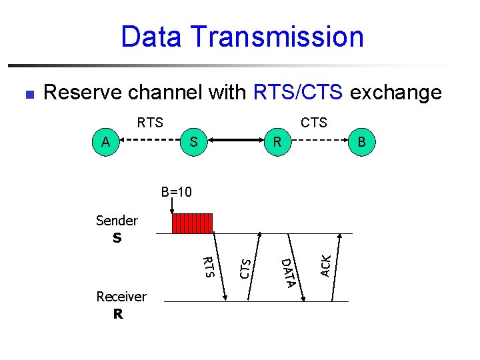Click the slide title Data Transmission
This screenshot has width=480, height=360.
[x=242, y=37]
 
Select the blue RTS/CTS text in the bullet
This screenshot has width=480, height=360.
[x=299, y=92]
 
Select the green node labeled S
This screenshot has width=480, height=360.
[x=193, y=141]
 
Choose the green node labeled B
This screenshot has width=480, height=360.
[x=361, y=141]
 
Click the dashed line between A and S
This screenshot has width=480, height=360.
[x=150, y=141]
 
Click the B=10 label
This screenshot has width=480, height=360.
[x=176, y=193]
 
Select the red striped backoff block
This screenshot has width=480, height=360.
[x=192, y=223]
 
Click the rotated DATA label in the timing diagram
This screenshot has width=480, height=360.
[x=287, y=273]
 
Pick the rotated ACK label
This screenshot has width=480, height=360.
[x=325, y=265]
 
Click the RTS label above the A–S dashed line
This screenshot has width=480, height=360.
[x=149, y=123]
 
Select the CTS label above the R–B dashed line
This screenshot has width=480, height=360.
[x=313, y=123]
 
